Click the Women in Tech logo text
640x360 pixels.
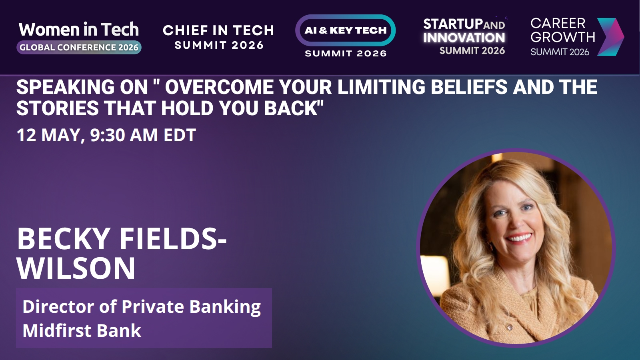point(79,30)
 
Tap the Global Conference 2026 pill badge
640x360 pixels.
point(79,48)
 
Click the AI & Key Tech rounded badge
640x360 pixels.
point(346,30)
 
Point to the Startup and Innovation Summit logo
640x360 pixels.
point(464,36)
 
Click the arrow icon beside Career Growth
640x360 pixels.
point(610,37)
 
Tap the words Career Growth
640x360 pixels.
point(562,30)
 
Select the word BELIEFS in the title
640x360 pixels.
point(469,87)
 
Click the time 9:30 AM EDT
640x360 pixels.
point(143,135)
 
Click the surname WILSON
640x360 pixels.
point(76,268)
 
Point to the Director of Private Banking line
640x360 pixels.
point(142,307)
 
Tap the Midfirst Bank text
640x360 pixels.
point(82,330)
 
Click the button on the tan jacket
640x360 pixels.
point(509,328)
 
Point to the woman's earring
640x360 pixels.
point(491,246)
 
